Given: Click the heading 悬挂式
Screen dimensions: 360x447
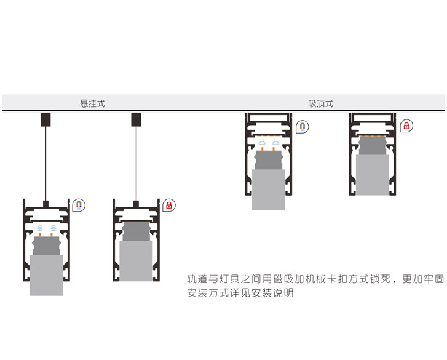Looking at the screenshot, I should (x=92, y=103).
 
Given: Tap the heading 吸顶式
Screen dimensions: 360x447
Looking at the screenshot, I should (x=320, y=103).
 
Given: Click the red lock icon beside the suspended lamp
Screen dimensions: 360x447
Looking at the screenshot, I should (x=169, y=205).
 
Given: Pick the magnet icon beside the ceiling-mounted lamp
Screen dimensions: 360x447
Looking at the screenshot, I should (x=302, y=127).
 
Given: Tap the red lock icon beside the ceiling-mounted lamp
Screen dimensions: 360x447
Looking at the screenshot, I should (x=406, y=126).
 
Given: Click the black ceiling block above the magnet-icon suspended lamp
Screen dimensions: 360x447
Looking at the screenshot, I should (x=46, y=119).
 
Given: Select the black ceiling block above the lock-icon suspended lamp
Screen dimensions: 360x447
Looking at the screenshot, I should (x=136, y=119).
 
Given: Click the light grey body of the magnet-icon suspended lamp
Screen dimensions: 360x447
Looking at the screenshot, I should (x=46, y=275).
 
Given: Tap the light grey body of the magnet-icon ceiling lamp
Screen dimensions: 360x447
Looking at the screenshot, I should (x=269, y=190).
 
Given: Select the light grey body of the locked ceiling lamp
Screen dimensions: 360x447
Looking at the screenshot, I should (x=373, y=174).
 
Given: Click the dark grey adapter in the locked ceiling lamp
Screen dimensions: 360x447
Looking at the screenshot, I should (x=373, y=145).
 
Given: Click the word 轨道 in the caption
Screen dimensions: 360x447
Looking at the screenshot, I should (x=197, y=279).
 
